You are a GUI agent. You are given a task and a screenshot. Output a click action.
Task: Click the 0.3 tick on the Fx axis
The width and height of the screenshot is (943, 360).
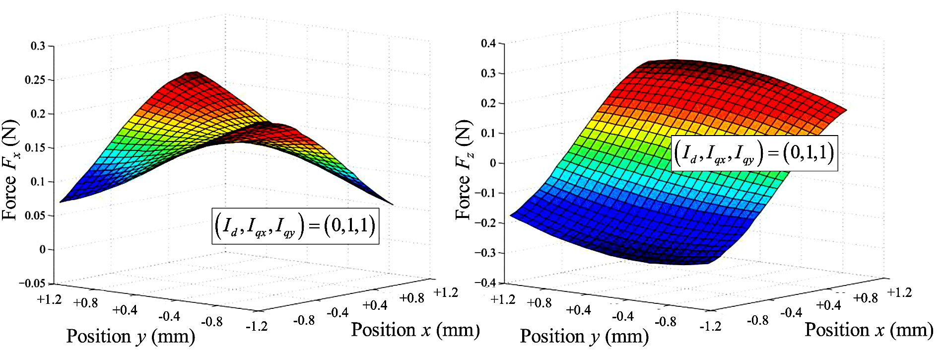(x=38, y=46)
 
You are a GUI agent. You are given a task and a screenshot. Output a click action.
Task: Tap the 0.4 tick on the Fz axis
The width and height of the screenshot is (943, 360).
(x=488, y=43)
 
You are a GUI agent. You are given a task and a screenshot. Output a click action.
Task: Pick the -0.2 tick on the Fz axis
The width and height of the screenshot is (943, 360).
(x=485, y=223)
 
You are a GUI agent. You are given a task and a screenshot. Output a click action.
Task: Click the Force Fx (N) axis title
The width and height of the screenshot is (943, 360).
(x=10, y=170)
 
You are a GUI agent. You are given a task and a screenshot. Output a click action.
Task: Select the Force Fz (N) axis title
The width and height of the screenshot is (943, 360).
(x=464, y=170)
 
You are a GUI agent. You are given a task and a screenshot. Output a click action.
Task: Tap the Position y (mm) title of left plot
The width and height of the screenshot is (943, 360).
(x=131, y=337)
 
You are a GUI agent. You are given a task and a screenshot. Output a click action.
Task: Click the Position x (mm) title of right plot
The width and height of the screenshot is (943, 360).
(x=869, y=330)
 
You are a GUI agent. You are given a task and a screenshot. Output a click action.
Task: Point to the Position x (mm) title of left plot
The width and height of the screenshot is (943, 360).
(x=415, y=330)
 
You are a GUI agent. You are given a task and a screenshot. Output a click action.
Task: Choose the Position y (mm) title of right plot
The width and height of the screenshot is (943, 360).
(x=584, y=337)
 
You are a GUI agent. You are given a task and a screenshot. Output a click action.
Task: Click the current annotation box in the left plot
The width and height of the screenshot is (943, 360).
(x=295, y=226)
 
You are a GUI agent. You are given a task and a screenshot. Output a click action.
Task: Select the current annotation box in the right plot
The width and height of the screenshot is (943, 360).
(x=754, y=153)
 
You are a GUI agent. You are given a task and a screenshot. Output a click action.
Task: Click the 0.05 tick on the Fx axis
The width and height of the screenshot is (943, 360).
(x=36, y=216)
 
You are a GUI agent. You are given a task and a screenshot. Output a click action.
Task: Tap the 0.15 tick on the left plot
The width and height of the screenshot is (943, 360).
(x=36, y=148)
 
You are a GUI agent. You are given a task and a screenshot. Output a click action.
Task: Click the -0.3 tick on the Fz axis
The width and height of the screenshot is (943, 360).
(x=485, y=253)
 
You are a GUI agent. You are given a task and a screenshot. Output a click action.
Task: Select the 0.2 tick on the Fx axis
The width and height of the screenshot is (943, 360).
(x=38, y=114)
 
